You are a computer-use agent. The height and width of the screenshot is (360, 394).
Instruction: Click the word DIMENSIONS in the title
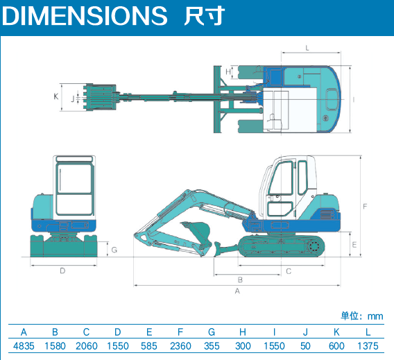coord(85,15)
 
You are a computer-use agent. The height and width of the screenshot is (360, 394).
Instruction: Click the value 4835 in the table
coord(24,346)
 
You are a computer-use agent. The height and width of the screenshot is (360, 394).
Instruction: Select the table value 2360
coord(180,346)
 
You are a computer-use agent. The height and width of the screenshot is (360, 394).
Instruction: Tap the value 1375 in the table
coord(368,346)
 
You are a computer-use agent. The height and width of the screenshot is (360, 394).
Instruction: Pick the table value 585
coord(149,346)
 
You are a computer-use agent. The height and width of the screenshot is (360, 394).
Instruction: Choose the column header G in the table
coord(212,332)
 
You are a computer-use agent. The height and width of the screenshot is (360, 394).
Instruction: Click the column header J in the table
coord(305,332)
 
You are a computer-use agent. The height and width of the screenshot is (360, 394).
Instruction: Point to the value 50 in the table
coord(305,346)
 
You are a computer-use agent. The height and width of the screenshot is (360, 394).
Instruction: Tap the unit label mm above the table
coord(375,316)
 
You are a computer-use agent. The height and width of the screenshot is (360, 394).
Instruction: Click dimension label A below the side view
coord(237,291)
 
